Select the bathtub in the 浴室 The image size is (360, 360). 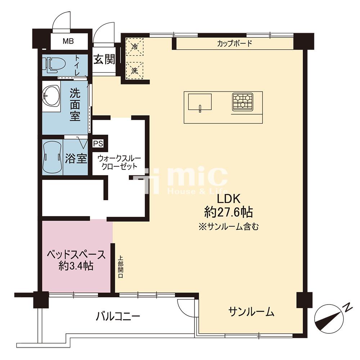click(x=53, y=157)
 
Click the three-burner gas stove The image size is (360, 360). click(x=242, y=102)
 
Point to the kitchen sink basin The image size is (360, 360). click(x=200, y=102)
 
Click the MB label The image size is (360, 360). click(x=68, y=41)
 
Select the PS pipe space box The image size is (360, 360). click(x=98, y=144)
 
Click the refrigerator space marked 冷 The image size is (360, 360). click(x=135, y=47)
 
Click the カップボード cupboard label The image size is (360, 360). click(x=234, y=44)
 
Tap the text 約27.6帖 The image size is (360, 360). click(x=229, y=213)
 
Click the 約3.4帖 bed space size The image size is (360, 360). click(x=76, y=266)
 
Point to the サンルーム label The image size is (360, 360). click(x=251, y=312)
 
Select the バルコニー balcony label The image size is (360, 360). click(x=118, y=317)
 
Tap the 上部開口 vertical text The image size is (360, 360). click(x=121, y=267)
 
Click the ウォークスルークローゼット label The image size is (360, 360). click(x=119, y=162)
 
